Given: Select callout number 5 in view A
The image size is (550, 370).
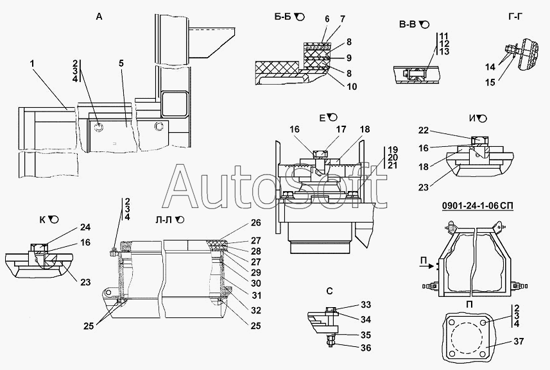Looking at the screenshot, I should pyautogui.click(x=121, y=63).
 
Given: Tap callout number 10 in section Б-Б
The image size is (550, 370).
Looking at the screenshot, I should pyautogui.click(x=351, y=87).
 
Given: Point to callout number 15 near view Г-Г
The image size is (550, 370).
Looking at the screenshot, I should pyautogui.click(x=490, y=82).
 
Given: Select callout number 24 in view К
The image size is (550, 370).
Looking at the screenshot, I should pyautogui.click(x=85, y=227).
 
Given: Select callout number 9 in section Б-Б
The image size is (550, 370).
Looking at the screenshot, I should pyautogui.click(x=349, y=57).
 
